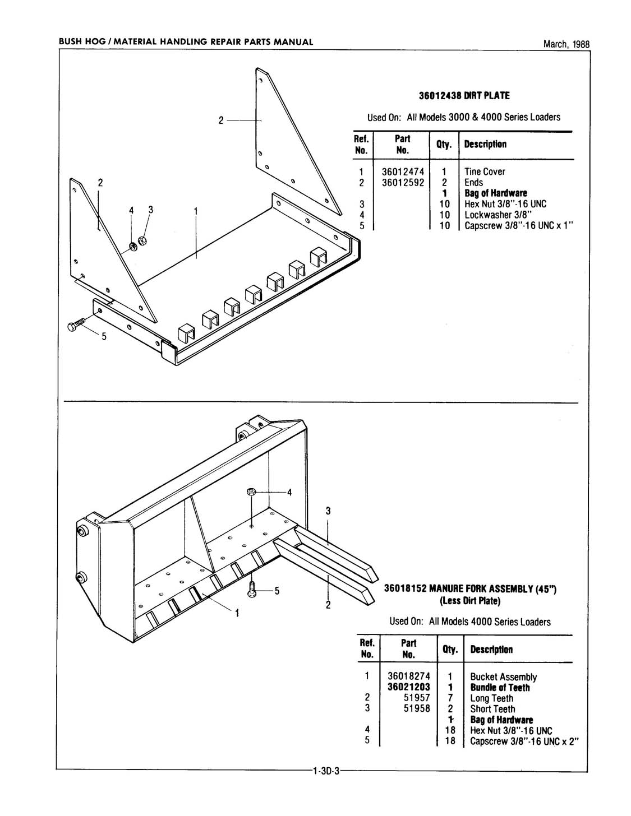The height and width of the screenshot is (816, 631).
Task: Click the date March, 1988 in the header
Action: [566, 45]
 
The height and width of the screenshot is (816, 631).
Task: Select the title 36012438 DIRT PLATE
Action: [464, 96]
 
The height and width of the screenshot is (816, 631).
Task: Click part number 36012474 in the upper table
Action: [403, 172]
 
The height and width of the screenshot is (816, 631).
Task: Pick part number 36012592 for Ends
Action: [403, 183]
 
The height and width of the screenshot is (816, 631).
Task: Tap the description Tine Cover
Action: [485, 172]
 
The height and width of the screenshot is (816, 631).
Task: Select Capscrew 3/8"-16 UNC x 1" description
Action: [519, 226]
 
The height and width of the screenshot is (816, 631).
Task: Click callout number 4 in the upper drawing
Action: [132, 210]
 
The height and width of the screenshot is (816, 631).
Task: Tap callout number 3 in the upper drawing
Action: [150, 210]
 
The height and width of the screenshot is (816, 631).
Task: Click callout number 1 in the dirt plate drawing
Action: [196, 211]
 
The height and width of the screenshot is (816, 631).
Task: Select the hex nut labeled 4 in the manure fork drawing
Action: [252, 492]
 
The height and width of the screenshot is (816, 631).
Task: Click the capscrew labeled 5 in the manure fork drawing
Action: [252, 589]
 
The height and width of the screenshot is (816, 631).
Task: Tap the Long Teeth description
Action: [491, 698]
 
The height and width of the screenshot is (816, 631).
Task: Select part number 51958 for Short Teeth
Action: [417, 709]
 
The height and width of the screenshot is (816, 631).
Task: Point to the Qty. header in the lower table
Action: [450, 650]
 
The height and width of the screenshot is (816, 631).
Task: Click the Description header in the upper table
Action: [485, 145]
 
